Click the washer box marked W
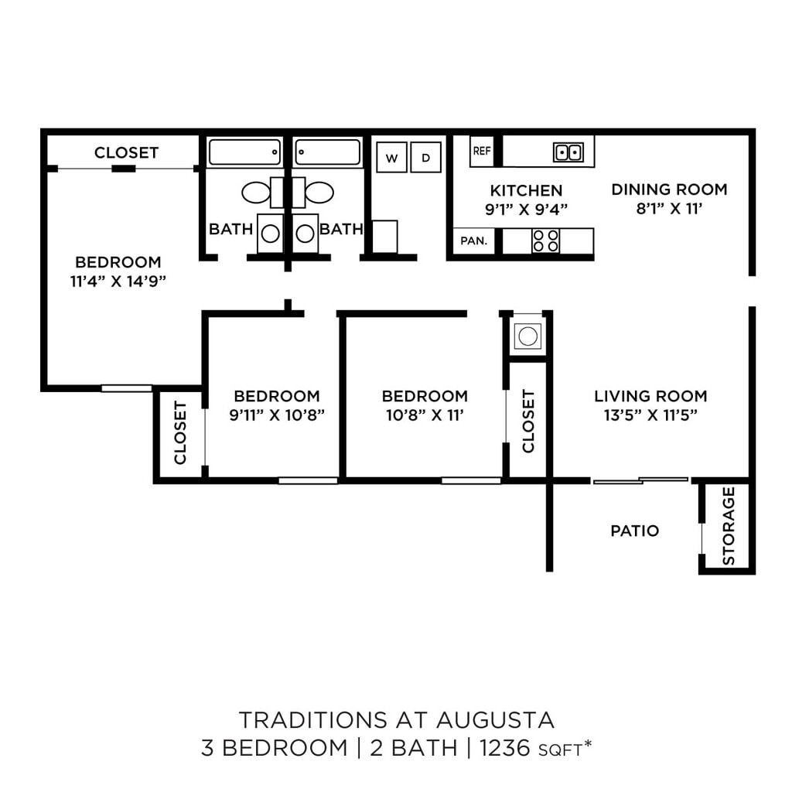391,158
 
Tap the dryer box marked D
426,158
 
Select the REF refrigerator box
481,151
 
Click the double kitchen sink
568,152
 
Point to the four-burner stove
546,241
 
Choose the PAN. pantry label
474,241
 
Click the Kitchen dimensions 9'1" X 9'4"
526,209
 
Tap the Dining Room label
669,189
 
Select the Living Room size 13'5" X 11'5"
650,415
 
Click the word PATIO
635,531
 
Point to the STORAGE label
729,526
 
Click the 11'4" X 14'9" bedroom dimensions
118,281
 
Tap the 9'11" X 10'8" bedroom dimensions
277,415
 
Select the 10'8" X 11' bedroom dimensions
425,415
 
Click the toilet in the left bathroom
263,193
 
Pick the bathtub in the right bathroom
327,152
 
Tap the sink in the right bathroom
305,234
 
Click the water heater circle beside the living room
527,336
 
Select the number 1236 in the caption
504,748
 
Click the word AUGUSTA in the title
496,720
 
